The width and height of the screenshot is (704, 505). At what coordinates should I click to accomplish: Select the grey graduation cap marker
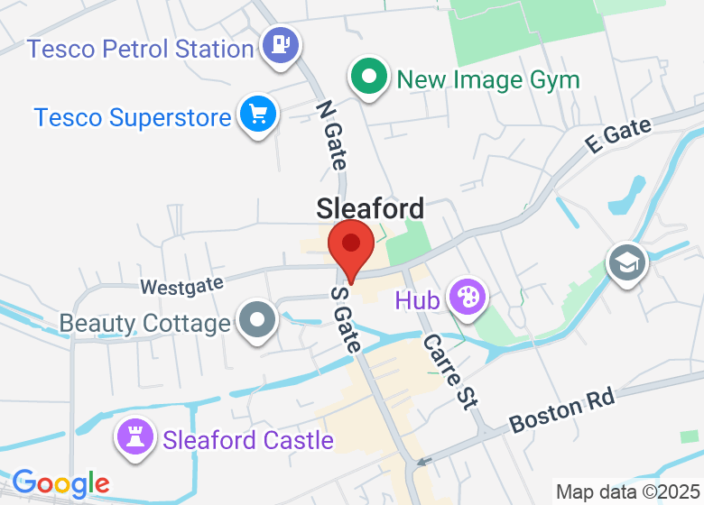click(624, 262)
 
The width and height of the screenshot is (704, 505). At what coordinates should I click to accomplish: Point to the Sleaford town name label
click(370, 209)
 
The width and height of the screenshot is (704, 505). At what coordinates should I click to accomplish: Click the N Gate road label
click(331, 134)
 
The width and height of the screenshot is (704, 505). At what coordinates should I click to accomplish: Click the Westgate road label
click(181, 286)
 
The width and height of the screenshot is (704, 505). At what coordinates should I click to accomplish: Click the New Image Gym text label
click(488, 79)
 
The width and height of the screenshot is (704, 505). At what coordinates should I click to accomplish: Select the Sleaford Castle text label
click(248, 440)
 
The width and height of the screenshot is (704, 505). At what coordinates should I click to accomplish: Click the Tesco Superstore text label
click(133, 117)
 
